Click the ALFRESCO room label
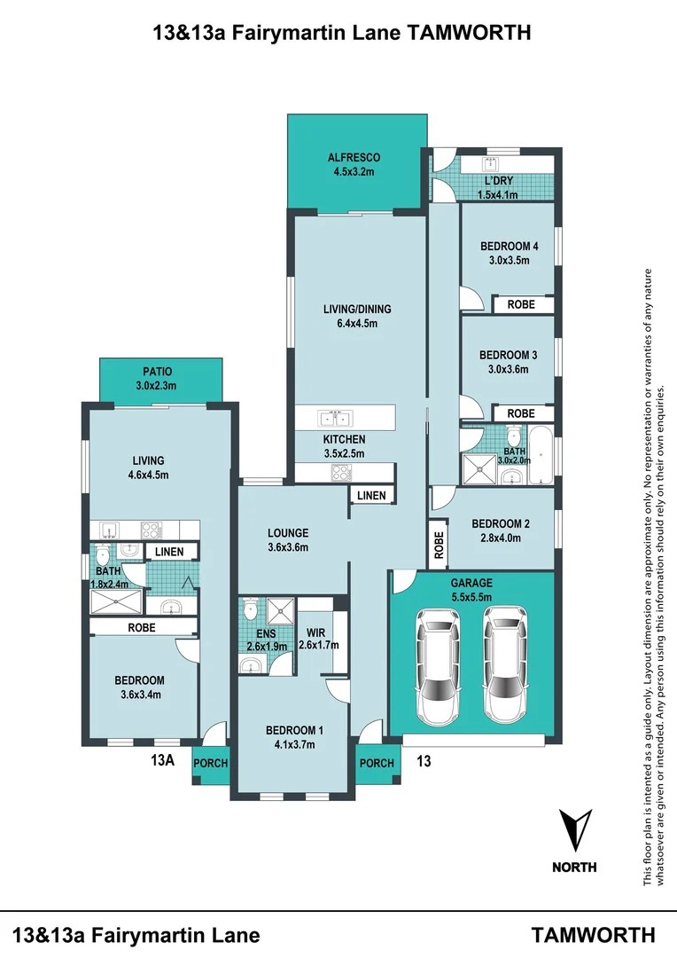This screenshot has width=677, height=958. coord(354,158)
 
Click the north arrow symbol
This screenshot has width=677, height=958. coord(575,829)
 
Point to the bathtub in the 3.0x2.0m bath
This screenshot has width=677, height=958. coord(541,455)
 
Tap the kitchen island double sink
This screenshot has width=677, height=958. coord(335,419)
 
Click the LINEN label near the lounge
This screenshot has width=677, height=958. coord(372,496)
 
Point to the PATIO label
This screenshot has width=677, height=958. coord(158,372)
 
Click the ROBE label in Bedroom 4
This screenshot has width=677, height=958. coord(521,304)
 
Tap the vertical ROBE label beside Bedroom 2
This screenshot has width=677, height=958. coord(439,545)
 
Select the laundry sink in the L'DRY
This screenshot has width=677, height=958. coord(490,164)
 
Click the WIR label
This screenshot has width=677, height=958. coord(316,633)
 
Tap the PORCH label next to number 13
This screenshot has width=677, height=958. coord(377,763)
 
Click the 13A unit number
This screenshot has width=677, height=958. coord(163,760)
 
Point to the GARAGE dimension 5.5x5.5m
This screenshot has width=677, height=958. coord(471,597)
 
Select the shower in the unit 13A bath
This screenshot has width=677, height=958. coord(116,601)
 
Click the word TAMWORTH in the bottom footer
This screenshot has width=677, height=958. coord(594,935)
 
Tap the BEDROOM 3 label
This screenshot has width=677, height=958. coord(509,355)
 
